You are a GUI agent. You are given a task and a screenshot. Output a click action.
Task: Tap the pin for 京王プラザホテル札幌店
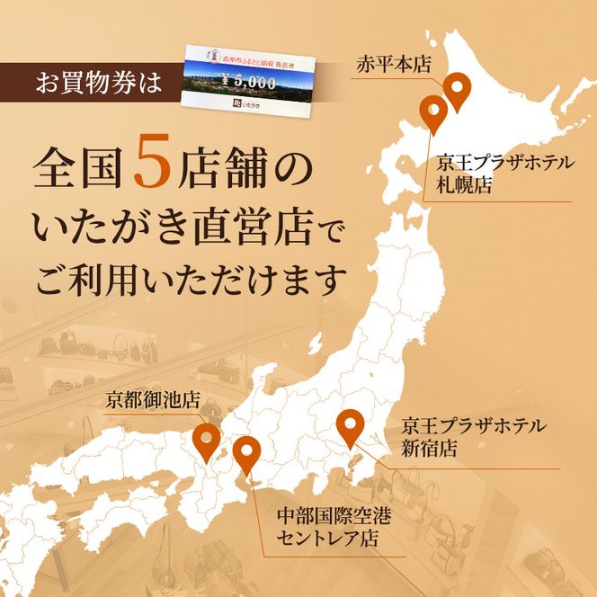click(x=434, y=112)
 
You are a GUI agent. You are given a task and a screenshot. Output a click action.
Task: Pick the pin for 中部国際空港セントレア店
click(x=246, y=453)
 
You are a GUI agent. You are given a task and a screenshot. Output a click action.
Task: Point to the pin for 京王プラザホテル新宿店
click(x=349, y=426)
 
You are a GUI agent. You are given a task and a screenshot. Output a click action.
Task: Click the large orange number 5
click(x=152, y=165)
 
